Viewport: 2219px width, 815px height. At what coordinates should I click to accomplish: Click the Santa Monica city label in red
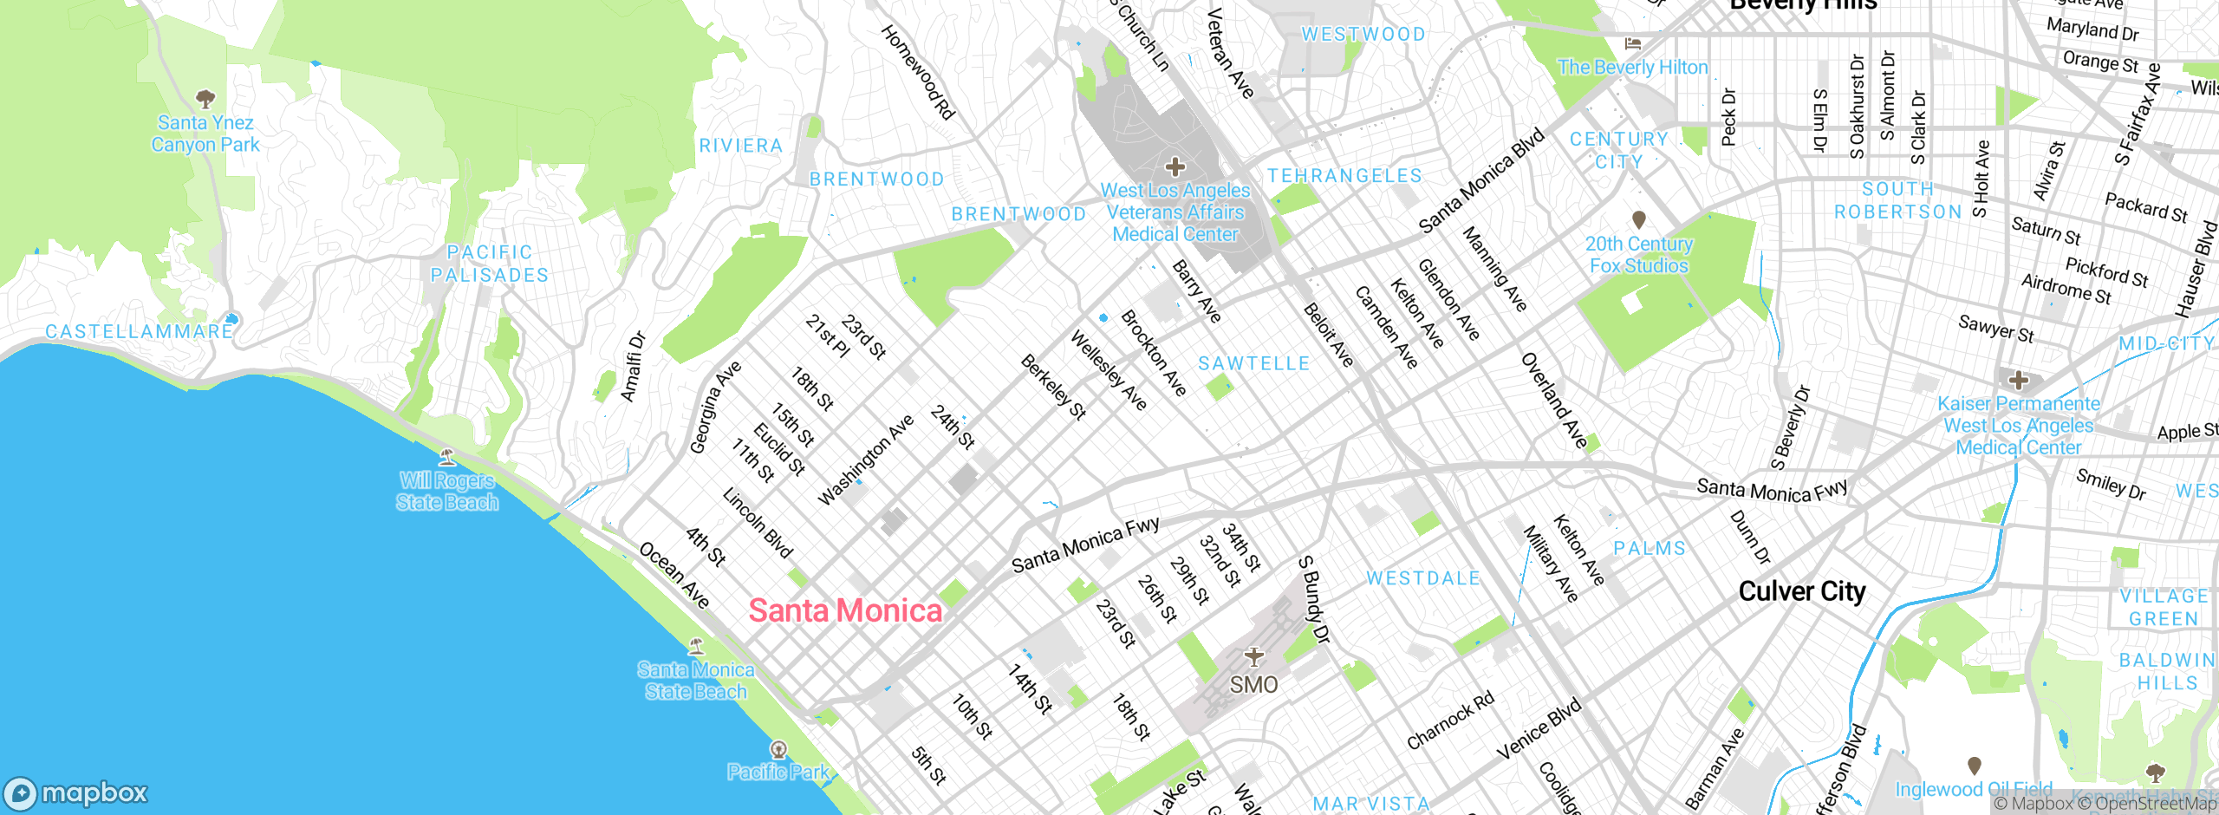pos(845,611)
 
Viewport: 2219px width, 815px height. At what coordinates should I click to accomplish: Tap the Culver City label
pos(1802,591)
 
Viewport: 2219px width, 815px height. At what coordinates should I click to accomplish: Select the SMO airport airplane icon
pos(1253,656)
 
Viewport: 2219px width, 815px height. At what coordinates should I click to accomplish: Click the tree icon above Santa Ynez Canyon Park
pos(205,98)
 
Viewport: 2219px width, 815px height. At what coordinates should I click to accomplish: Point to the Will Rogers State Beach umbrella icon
pos(447,456)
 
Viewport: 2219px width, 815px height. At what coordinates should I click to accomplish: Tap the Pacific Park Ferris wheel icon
pos(778,748)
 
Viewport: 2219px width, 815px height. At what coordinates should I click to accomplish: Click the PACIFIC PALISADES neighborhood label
pos(490,264)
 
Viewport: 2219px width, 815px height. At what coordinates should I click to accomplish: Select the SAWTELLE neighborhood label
pos(1253,364)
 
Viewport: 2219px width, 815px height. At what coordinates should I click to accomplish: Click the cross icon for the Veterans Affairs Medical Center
pos(1175,166)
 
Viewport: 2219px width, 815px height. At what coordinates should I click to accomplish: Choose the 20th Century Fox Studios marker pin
pos(1638,219)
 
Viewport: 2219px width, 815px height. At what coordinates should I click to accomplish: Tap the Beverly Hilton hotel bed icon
pos(1633,43)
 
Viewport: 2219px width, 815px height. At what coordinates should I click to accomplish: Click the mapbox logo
pos(76,792)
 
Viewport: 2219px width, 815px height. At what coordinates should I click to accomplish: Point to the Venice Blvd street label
pos(1539,729)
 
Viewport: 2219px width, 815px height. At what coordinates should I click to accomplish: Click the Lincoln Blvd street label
pos(758,523)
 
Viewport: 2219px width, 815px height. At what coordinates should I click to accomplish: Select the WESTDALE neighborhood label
pos(1423,578)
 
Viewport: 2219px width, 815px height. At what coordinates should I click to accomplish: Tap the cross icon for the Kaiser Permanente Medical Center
pos(2018,380)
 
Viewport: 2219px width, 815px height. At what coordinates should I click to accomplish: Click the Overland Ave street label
pos(1555,401)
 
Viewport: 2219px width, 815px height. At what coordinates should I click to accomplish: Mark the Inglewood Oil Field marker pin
pos(1974,766)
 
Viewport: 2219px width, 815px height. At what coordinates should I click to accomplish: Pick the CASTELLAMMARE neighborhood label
pos(139,332)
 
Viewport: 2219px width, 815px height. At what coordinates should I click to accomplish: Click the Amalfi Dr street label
pos(634,367)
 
